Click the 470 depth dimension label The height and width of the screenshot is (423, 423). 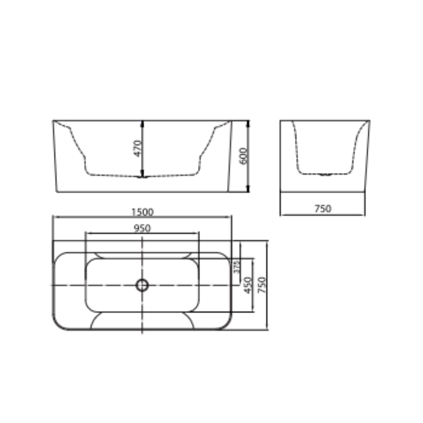coord(138,148)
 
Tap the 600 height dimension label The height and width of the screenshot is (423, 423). coord(243,156)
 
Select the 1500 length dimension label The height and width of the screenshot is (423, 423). coord(142,212)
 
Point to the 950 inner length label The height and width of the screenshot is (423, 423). coord(142,228)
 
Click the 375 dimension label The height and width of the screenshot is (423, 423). coord(236,266)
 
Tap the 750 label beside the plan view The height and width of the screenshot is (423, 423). coord(262,285)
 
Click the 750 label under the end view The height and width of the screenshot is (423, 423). coord(323,209)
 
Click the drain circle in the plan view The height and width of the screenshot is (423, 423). coord(142,285)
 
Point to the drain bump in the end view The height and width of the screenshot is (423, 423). coord(325,175)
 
